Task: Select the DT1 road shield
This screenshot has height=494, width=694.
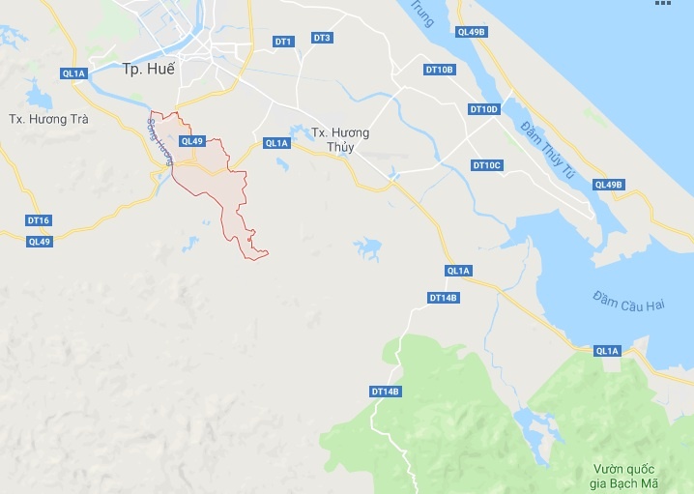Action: pyautogui.click(x=283, y=42)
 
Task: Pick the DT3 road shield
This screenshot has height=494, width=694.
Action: pyautogui.click(x=322, y=38)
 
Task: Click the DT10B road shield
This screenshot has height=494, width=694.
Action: pyautogui.click(x=440, y=70)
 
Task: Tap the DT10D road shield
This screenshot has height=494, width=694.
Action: pyautogui.click(x=484, y=109)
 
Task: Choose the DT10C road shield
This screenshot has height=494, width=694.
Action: pyautogui.click(x=487, y=165)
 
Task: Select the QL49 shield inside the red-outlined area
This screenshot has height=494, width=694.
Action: pyautogui.click(x=192, y=141)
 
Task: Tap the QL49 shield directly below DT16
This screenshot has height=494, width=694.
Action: pyautogui.click(x=39, y=242)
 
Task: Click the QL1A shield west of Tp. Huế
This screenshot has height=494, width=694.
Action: pyautogui.click(x=73, y=73)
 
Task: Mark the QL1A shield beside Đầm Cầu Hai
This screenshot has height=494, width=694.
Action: pyautogui.click(x=607, y=351)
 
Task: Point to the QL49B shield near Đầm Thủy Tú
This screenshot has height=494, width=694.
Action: pyautogui.click(x=610, y=185)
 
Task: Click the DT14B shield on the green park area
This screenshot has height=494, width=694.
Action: pyautogui.click(x=386, y=392)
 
